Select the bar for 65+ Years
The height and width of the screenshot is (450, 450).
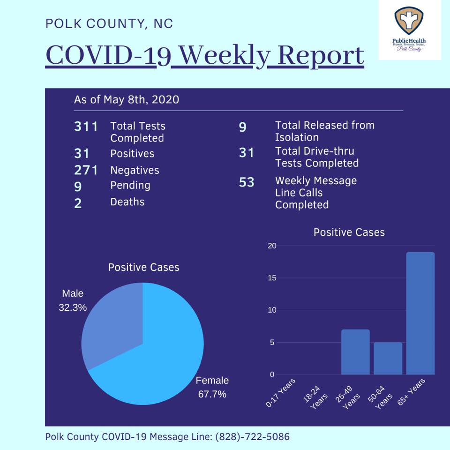(420, 313)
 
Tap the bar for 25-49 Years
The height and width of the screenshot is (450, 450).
(355, 352)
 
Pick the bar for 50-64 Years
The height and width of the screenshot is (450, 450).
(388, 359)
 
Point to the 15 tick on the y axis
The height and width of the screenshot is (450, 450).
(272, 278)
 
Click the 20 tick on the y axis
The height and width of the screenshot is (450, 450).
(272, 246)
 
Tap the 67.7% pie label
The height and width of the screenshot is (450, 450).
(212, 394)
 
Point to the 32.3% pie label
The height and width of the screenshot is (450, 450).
(73, 307)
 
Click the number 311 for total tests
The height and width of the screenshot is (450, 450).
(86, 127)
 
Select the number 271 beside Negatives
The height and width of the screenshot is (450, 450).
(86, 170)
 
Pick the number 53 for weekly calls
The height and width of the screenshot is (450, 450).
(247, 182)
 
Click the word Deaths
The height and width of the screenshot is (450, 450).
(127, 202)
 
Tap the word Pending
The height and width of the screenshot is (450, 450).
(130, 186)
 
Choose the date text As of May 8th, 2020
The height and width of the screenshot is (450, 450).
(127, 99)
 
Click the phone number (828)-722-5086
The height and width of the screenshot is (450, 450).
(252, 436)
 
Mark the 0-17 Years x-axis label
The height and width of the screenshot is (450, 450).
(280, 393)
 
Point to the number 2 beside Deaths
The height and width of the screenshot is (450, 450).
(78, 203)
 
